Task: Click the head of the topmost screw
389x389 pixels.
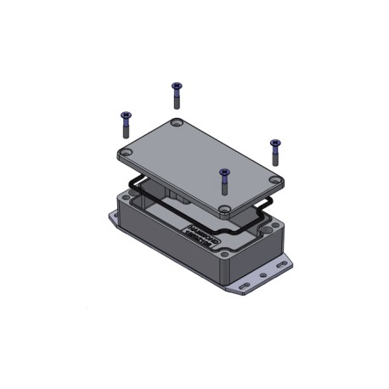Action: tap(177, 85)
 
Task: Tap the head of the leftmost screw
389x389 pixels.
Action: tap(126, 116)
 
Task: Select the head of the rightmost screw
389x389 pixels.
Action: tap(274, 143)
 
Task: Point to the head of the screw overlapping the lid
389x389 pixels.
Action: tap(224, 172)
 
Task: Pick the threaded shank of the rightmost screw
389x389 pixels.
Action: tap(275, 155)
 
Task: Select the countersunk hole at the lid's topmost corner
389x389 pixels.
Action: tap(176, 125)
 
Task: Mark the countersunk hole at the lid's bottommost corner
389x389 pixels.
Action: tap(223, 208)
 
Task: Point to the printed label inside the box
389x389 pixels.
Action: tap(201, 235)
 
